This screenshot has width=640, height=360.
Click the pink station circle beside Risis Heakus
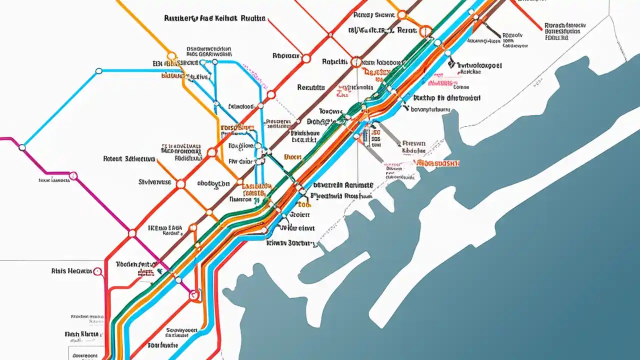coord(97,271)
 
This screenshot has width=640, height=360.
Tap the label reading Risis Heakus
coord(71,270)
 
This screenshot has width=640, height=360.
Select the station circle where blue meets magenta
coord(21,147)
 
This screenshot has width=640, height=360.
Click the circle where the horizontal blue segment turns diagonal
coord(98,71)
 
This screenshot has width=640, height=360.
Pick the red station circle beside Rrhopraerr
coord(305,58)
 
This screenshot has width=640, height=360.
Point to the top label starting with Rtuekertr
coord(214,18)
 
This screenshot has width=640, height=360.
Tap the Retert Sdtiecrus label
coord(128,159)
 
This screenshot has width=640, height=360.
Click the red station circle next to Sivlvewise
coord(180,184)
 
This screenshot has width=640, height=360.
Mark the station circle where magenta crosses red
coord(132,233)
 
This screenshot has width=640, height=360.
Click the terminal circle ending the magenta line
coord(193,295)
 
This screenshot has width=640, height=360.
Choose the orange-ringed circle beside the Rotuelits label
coord(355,62)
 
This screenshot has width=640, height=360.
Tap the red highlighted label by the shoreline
coord(438,163)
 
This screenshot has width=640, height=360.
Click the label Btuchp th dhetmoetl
coord(445,98)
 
